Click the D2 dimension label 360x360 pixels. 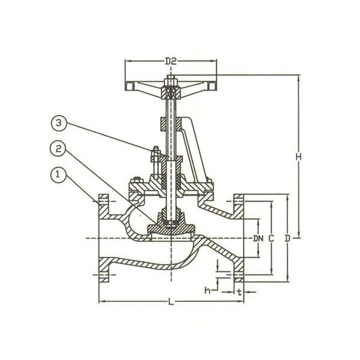[x=171, y=61]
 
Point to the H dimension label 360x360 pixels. [x=298, y=156]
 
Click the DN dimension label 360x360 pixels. [x=259, y=239]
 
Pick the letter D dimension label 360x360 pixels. [x=287, y=239]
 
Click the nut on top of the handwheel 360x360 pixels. [x=170, y=79]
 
